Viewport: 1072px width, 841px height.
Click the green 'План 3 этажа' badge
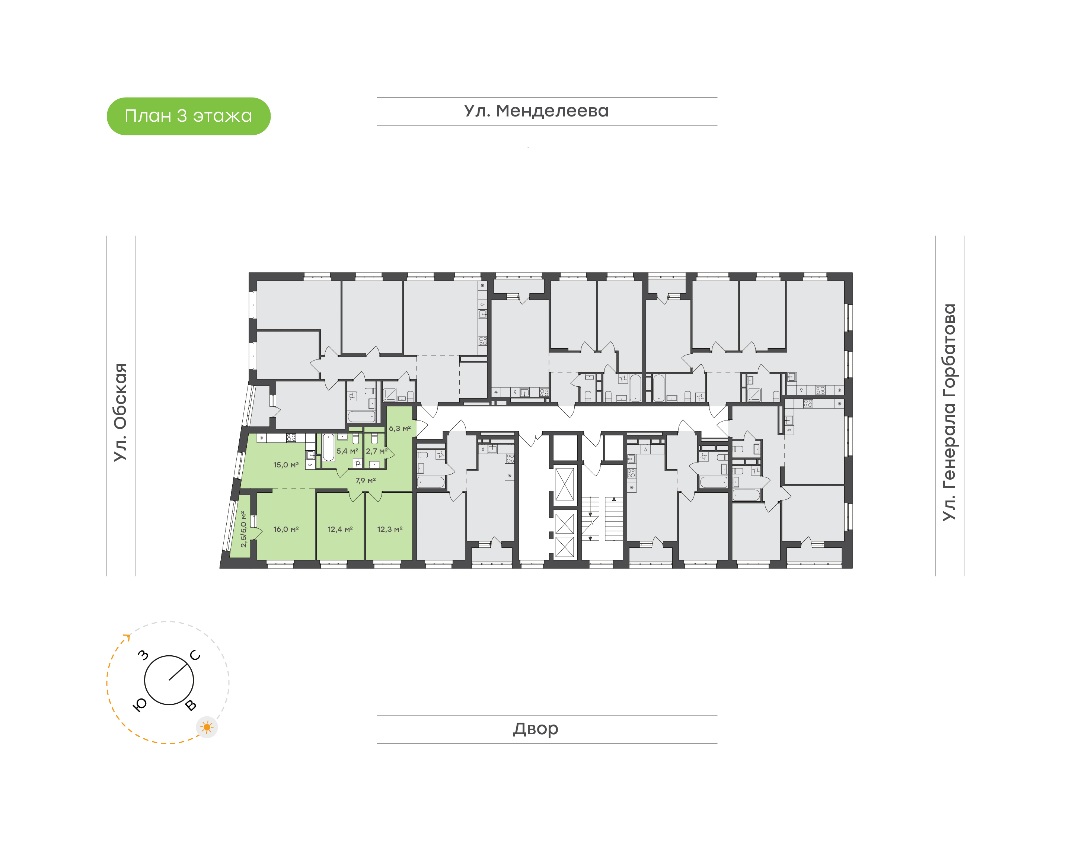click(x=189, y=116)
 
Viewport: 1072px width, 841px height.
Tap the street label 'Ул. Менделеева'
click(x=536, y=111)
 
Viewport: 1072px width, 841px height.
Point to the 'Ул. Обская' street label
click(x=120, y=412)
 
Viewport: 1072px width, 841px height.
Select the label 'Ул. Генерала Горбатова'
click(x=948, y=412)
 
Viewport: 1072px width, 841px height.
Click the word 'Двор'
click(x=536, y=729)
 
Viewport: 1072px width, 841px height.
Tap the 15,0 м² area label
click(x=286, y=465)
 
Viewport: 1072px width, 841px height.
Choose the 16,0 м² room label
click(x=286, y=529)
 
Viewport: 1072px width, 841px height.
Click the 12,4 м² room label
click(x=340, y=529)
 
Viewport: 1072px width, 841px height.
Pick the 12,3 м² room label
click(x=390, y=529)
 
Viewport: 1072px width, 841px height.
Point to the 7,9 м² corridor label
click(x=366, y=480)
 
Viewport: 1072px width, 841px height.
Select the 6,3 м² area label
click(x=400, y=428)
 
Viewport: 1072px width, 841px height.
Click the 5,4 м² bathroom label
click(x=348, y=451)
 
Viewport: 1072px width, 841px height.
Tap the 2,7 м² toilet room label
click(x=377, y=451)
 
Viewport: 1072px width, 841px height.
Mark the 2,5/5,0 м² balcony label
click(x=243, y=529)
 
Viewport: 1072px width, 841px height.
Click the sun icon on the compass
click(x=207, y=727)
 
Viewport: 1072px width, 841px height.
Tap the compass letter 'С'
click(x=195, y=655)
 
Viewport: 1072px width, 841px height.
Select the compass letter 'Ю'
click(x=140, y=706)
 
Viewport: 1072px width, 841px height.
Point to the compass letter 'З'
click(x=143, y=655)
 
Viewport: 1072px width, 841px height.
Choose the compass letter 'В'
click(x=191, y=706)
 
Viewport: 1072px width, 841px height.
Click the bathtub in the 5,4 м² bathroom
click(x=328, y=448)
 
